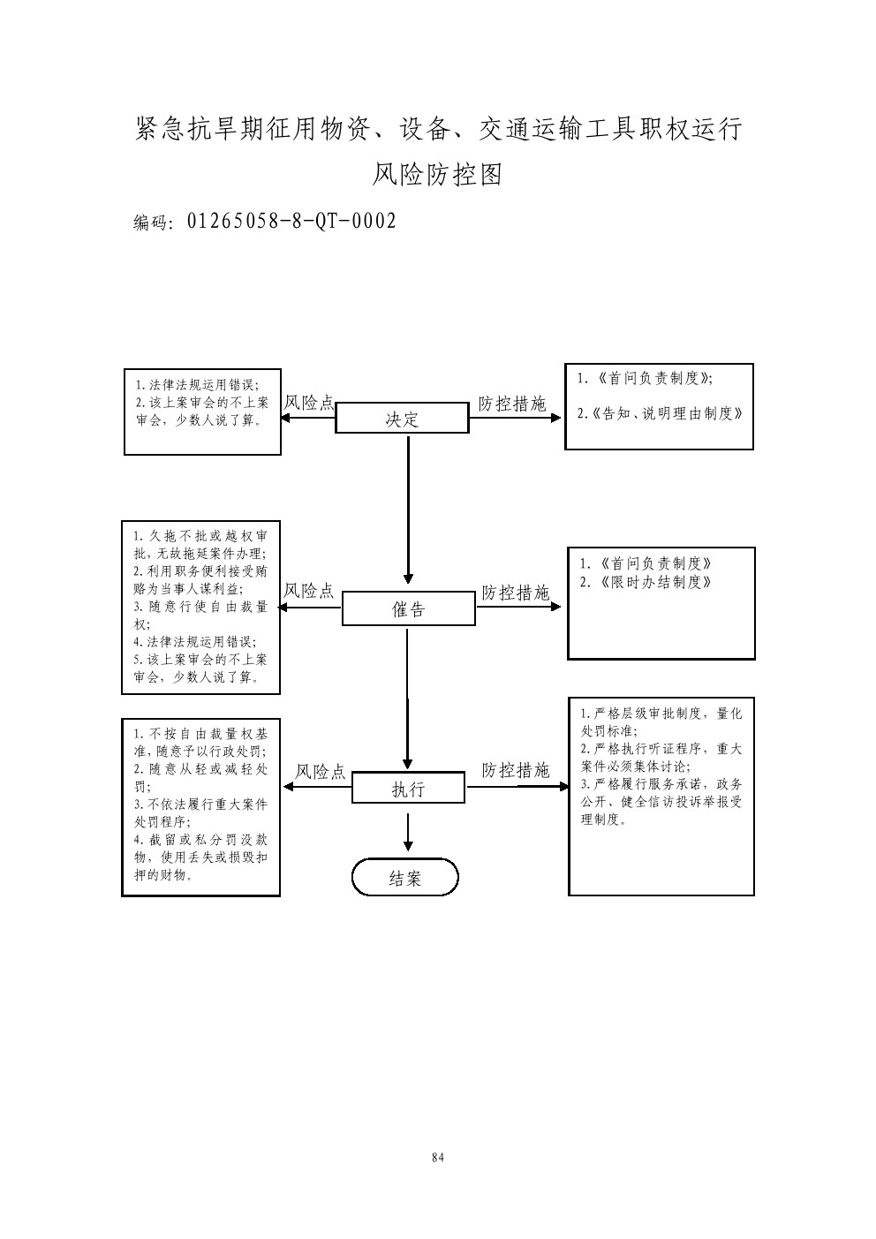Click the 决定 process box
[402, 419]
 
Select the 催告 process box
[408, 609]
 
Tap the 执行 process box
[408, 789]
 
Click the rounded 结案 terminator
[405, 878]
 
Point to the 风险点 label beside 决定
[309, 403]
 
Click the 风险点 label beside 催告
[309, 591]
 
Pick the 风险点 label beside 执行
[320, 772]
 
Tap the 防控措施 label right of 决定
[512, 404]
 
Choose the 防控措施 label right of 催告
[515, 592]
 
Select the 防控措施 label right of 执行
[515, 770]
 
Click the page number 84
[438, 1158]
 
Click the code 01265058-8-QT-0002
[291, 221]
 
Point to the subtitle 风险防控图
[437, 174]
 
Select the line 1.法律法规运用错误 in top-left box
[196, 385]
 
